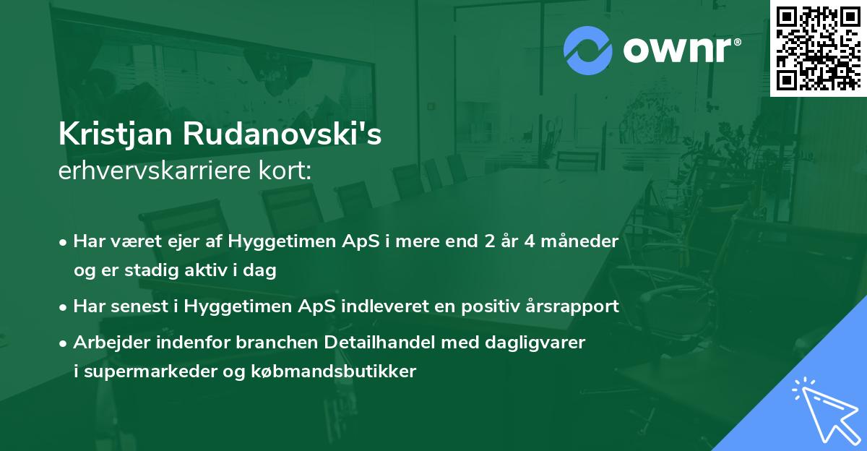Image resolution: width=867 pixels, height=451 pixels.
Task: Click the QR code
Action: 819,48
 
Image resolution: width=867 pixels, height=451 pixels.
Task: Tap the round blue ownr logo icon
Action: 587,50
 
